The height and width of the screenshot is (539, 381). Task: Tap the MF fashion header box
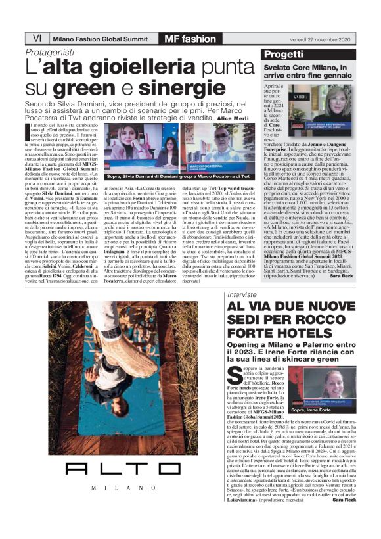(190, 38)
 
